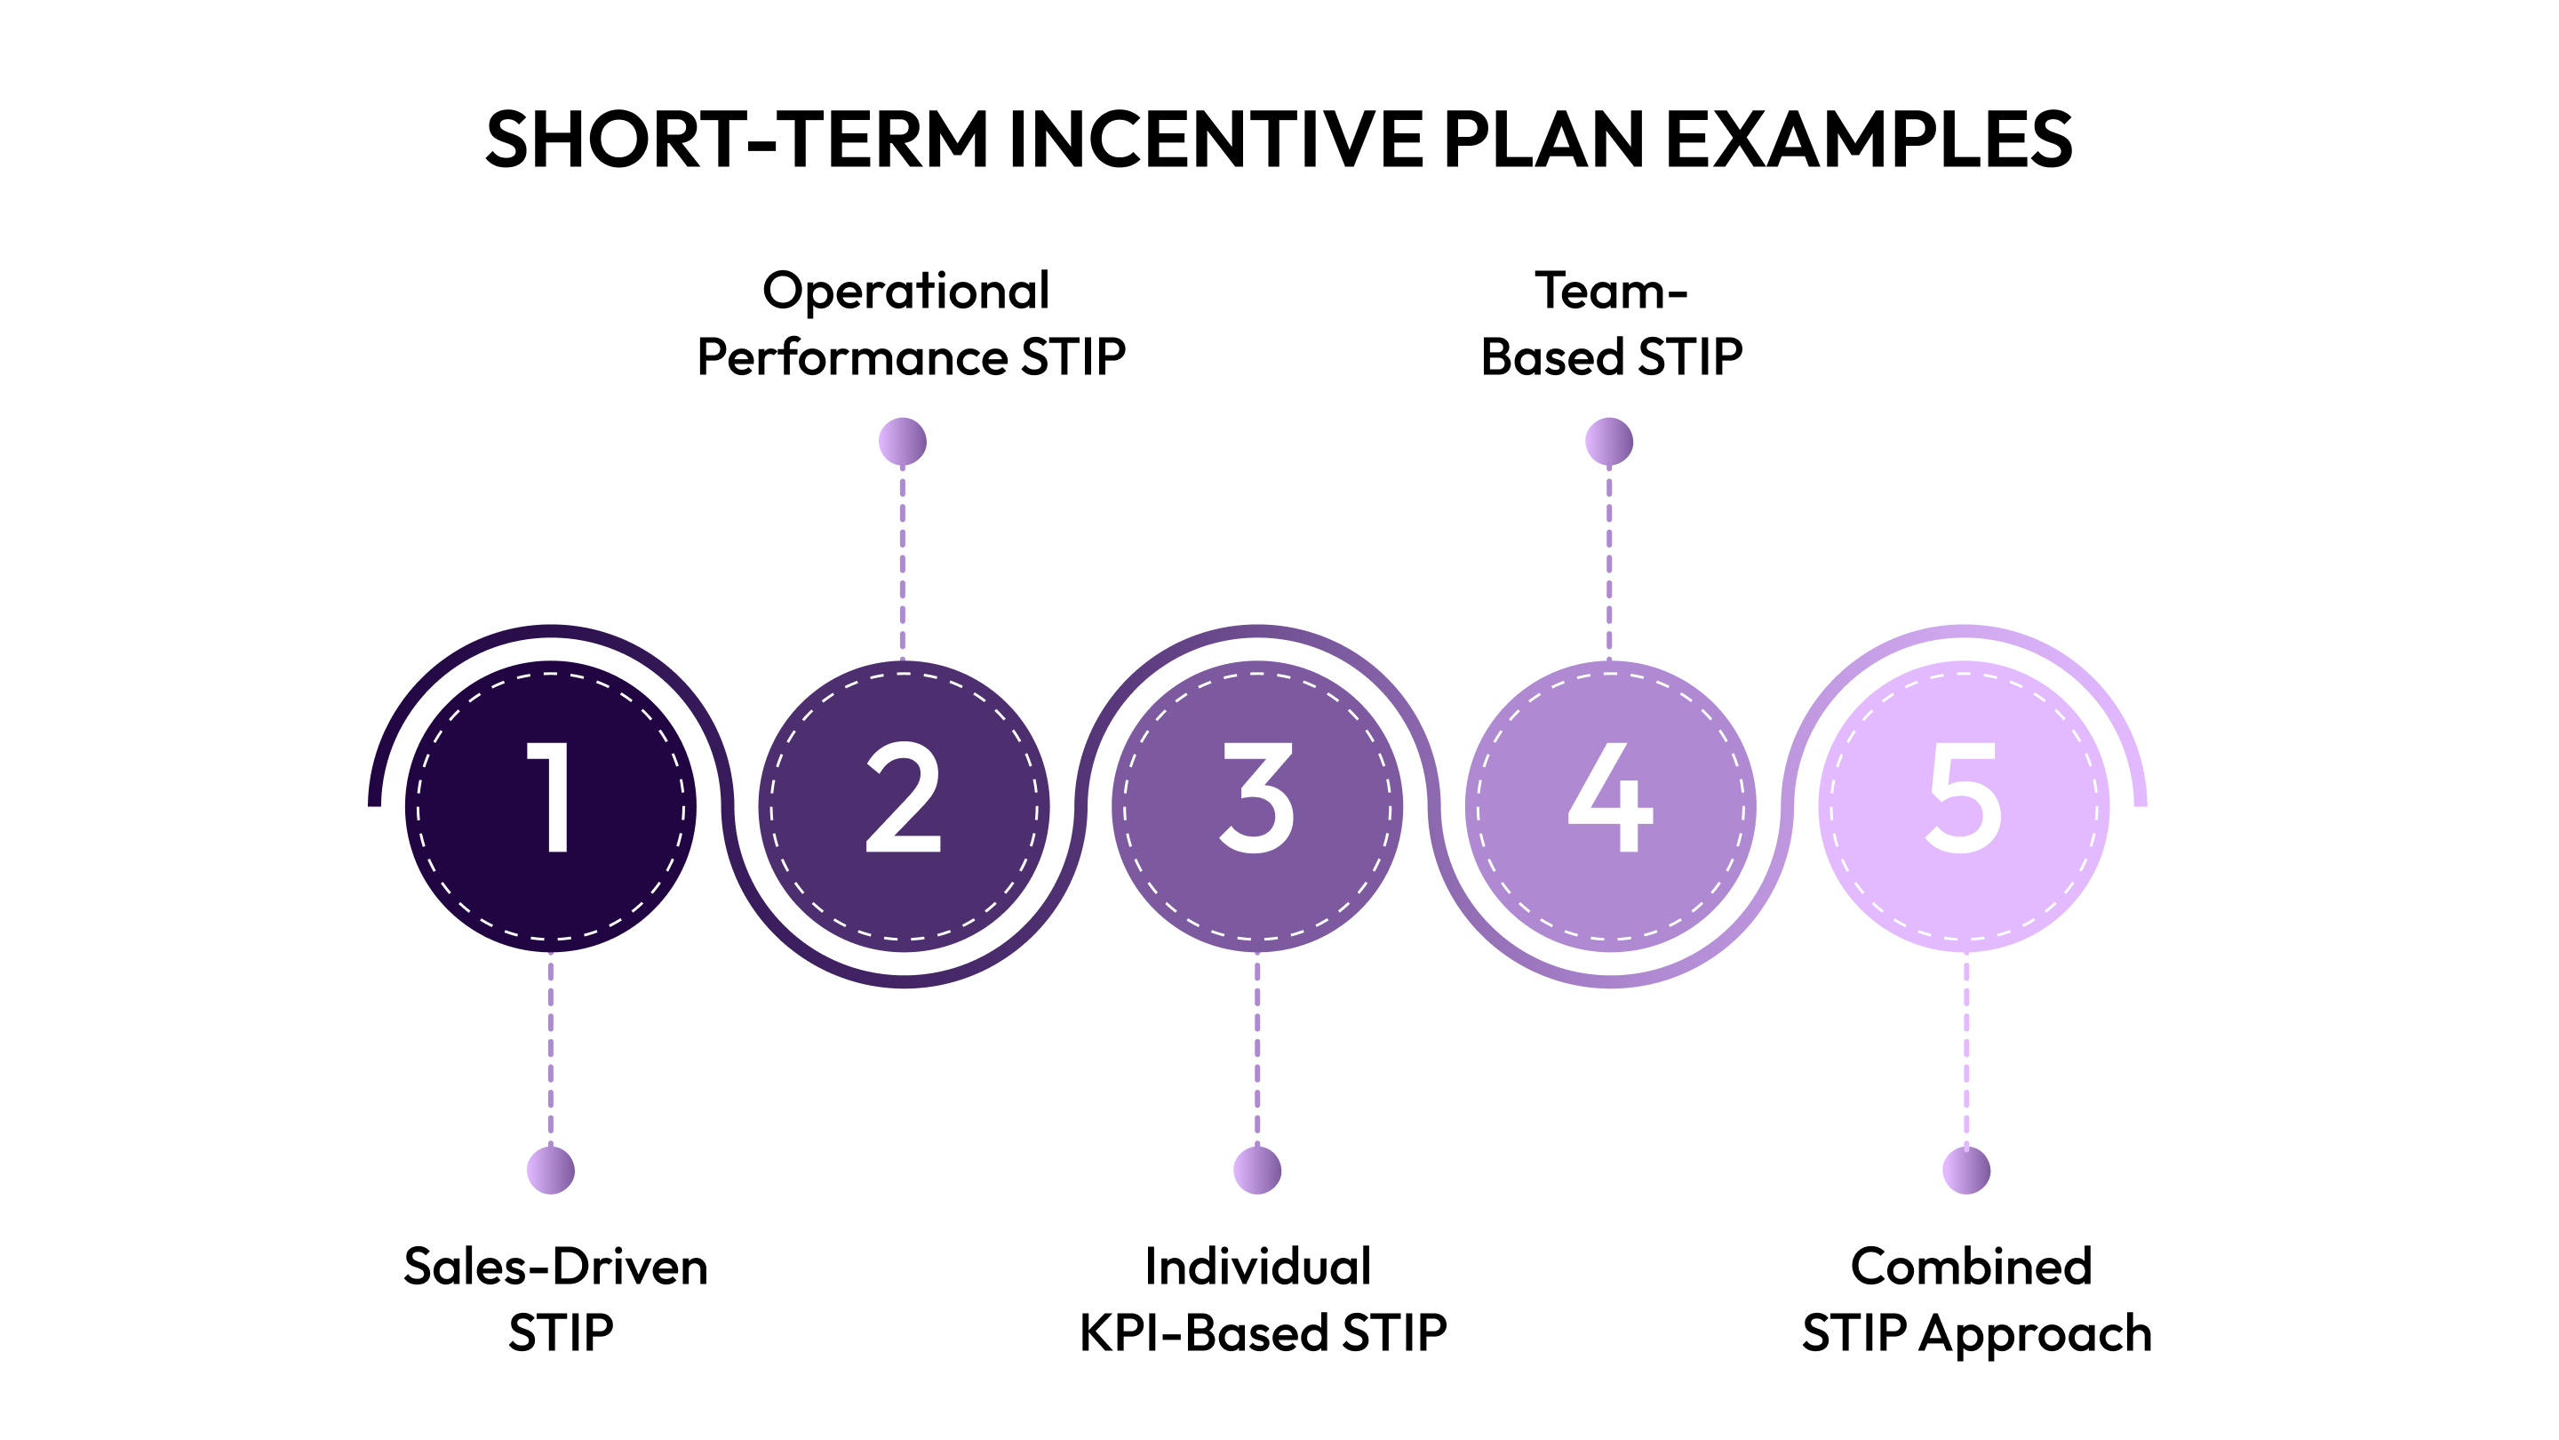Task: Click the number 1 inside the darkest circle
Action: [549, 798]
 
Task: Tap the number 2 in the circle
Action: [903, 798]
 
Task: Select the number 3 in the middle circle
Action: [1256, 798]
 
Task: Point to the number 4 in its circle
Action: [1609, 798]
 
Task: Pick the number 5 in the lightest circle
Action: [1963, 798]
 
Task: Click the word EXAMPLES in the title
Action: [1868, 140]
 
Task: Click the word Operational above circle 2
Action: [905, 292]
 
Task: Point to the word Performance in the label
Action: [851, 356]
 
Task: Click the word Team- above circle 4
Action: [1610, 292]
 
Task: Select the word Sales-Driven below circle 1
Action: [555, 1267]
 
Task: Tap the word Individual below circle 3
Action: [1257, 1267]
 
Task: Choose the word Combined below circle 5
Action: [1971, 1267]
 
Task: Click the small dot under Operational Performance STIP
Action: [902, 441]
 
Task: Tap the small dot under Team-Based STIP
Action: [1608, 441]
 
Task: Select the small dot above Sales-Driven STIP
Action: [550, 1170]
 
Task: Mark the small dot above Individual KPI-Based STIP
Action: [1256, 1170]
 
